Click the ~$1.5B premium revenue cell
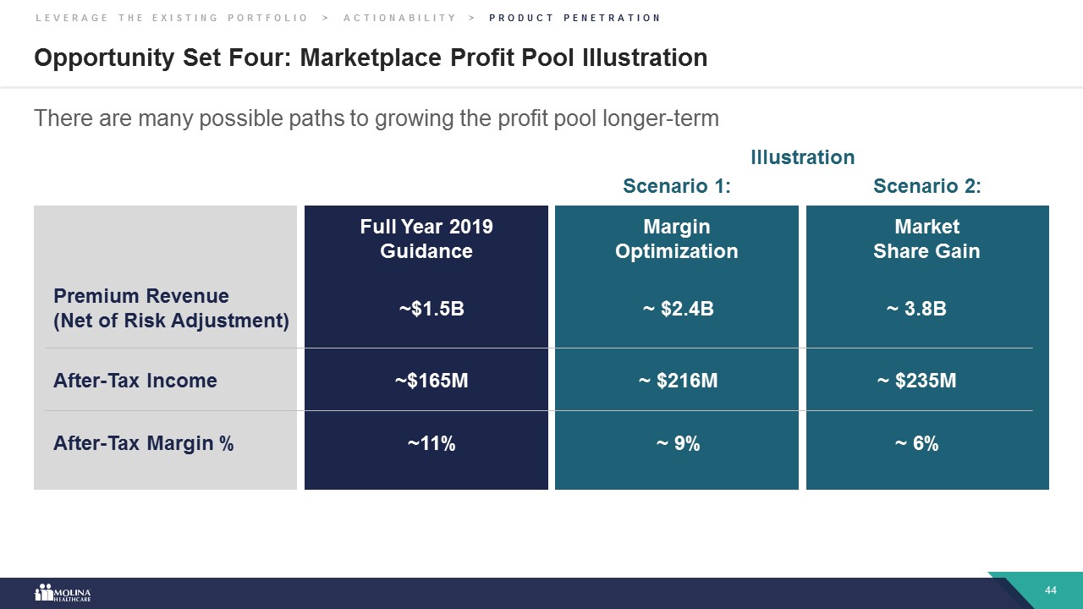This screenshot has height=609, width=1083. [432, 309]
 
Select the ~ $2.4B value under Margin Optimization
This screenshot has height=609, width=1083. [678, 309]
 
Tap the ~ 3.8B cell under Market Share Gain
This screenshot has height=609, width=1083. [916, 309]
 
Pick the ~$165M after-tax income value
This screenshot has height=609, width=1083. [432, 381]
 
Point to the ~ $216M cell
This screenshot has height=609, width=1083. [678, 381]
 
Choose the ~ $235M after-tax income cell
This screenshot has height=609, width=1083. [917, 381]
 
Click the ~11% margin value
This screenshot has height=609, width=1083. [432, 443]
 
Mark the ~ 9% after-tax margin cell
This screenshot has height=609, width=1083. [678, 443]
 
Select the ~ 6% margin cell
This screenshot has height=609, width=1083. [917, 443]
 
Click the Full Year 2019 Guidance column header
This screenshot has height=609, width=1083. [426, 239]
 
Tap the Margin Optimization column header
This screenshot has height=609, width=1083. [677, 239]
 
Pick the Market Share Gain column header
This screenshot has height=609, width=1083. [926, 239]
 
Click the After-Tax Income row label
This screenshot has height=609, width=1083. [135, 381]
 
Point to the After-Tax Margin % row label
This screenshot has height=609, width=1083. [144, 443]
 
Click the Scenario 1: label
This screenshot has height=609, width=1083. [677, 186]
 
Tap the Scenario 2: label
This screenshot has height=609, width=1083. [927, 186]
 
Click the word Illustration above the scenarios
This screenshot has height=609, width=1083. [803, 157]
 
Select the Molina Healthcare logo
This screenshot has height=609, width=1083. [63, 592]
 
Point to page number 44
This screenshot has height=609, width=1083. [1052, 590]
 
